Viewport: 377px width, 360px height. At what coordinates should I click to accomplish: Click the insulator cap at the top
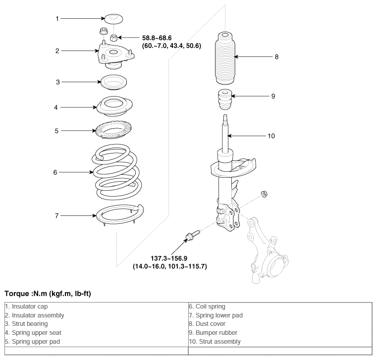click(113, 19)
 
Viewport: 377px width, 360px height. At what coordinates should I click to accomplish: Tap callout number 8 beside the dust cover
click(276, 57)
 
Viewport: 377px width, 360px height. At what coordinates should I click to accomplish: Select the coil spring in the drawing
click(116, 172)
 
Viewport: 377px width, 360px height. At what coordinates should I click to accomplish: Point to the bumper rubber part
click(225, 100)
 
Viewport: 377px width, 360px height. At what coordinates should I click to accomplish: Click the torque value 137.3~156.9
click(169, 258)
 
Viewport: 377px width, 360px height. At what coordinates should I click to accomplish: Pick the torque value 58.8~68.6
click(157, 38)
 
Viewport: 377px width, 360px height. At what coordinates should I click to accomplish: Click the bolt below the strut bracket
click(192, 236)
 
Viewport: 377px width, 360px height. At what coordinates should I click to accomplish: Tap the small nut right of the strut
click(264, 194)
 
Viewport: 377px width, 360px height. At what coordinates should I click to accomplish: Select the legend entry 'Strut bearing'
click(26, 324)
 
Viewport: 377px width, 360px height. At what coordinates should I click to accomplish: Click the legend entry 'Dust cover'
click(207, 324)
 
